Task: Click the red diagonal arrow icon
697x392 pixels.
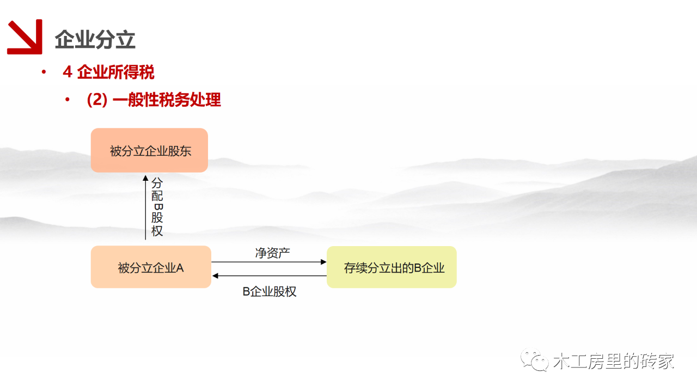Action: tap(25, 36)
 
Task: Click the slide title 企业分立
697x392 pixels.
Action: tap(95, 40)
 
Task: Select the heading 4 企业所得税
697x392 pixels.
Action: tap(108, 72)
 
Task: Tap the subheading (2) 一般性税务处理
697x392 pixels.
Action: tap(154, 100)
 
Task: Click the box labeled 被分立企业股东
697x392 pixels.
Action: tap(149, 150)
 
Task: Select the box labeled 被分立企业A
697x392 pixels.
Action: tap(151, 267)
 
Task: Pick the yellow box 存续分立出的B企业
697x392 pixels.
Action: tap(392, 267)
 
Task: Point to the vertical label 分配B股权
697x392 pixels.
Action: tap(157, 207)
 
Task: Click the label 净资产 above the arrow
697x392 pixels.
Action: tap(273, 253)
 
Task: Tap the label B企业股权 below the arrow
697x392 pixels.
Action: tap(270, 291)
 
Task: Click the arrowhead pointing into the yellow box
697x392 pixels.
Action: tap(323, 262)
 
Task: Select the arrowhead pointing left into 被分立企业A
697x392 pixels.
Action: tap(215, 275)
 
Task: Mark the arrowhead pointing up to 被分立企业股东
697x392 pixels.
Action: tap(145, 178)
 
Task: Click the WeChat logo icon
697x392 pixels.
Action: tap(535, 360)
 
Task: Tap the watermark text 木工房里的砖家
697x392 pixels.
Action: tap(614, 361)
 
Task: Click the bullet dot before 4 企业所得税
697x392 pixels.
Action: tap(44, 72)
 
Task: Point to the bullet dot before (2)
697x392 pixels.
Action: tap(68, 100)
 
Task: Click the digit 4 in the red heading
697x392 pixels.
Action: tap(68, 72)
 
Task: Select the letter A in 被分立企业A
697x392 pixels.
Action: tap(180, 268)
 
